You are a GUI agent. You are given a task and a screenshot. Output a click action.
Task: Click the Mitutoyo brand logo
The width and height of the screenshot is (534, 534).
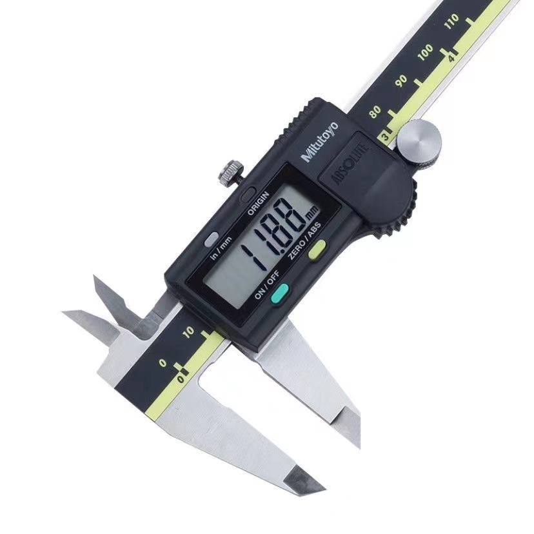tap(320, 142)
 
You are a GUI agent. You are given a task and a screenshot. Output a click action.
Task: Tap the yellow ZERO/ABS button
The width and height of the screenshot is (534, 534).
tap(317, 249)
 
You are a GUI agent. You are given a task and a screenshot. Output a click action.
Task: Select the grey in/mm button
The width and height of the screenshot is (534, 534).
tap(212, 239)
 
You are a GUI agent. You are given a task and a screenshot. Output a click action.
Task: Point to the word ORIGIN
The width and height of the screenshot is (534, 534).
tap(258, 204)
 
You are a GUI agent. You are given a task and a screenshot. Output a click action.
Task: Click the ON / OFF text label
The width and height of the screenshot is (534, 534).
tap(266, 284)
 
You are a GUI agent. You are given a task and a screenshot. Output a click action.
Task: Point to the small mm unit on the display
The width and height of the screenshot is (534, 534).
tap(311, 213)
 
